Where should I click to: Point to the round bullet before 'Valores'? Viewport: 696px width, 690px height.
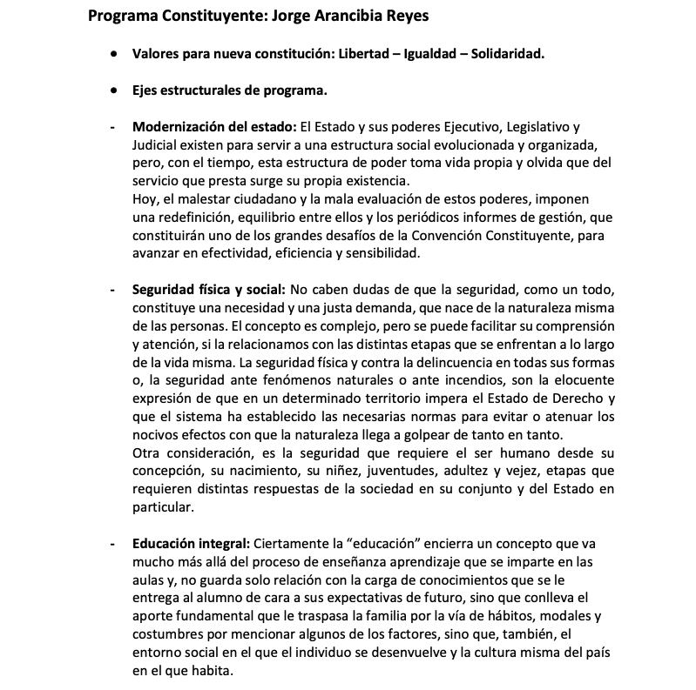[x=115, y=54]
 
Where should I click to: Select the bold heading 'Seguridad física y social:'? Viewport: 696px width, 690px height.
[x=208, y=289]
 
